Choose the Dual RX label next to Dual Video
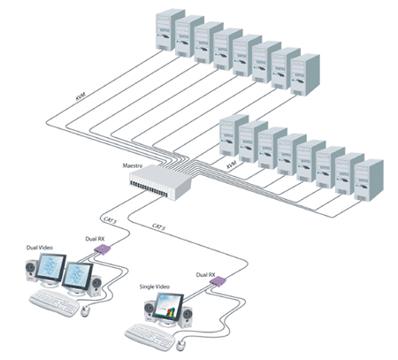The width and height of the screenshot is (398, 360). pos(98,238)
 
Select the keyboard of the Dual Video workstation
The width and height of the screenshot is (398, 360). pos(52,303)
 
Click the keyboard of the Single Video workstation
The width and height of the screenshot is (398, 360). pos(152,334)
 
